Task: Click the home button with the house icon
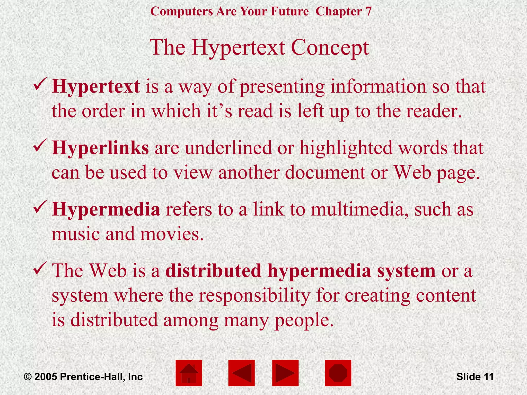(x=189, y=373)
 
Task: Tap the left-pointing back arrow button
(x=241, y=373)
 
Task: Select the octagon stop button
(x=338, y=373)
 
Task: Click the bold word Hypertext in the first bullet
(x=96, y=87)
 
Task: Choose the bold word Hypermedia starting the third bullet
(x=106, y=209)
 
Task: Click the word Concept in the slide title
(x=330, y=48)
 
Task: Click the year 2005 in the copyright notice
(x=46, y=377)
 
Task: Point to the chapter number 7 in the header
(x=368, y=12)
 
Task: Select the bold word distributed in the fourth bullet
(x=213, y=271)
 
